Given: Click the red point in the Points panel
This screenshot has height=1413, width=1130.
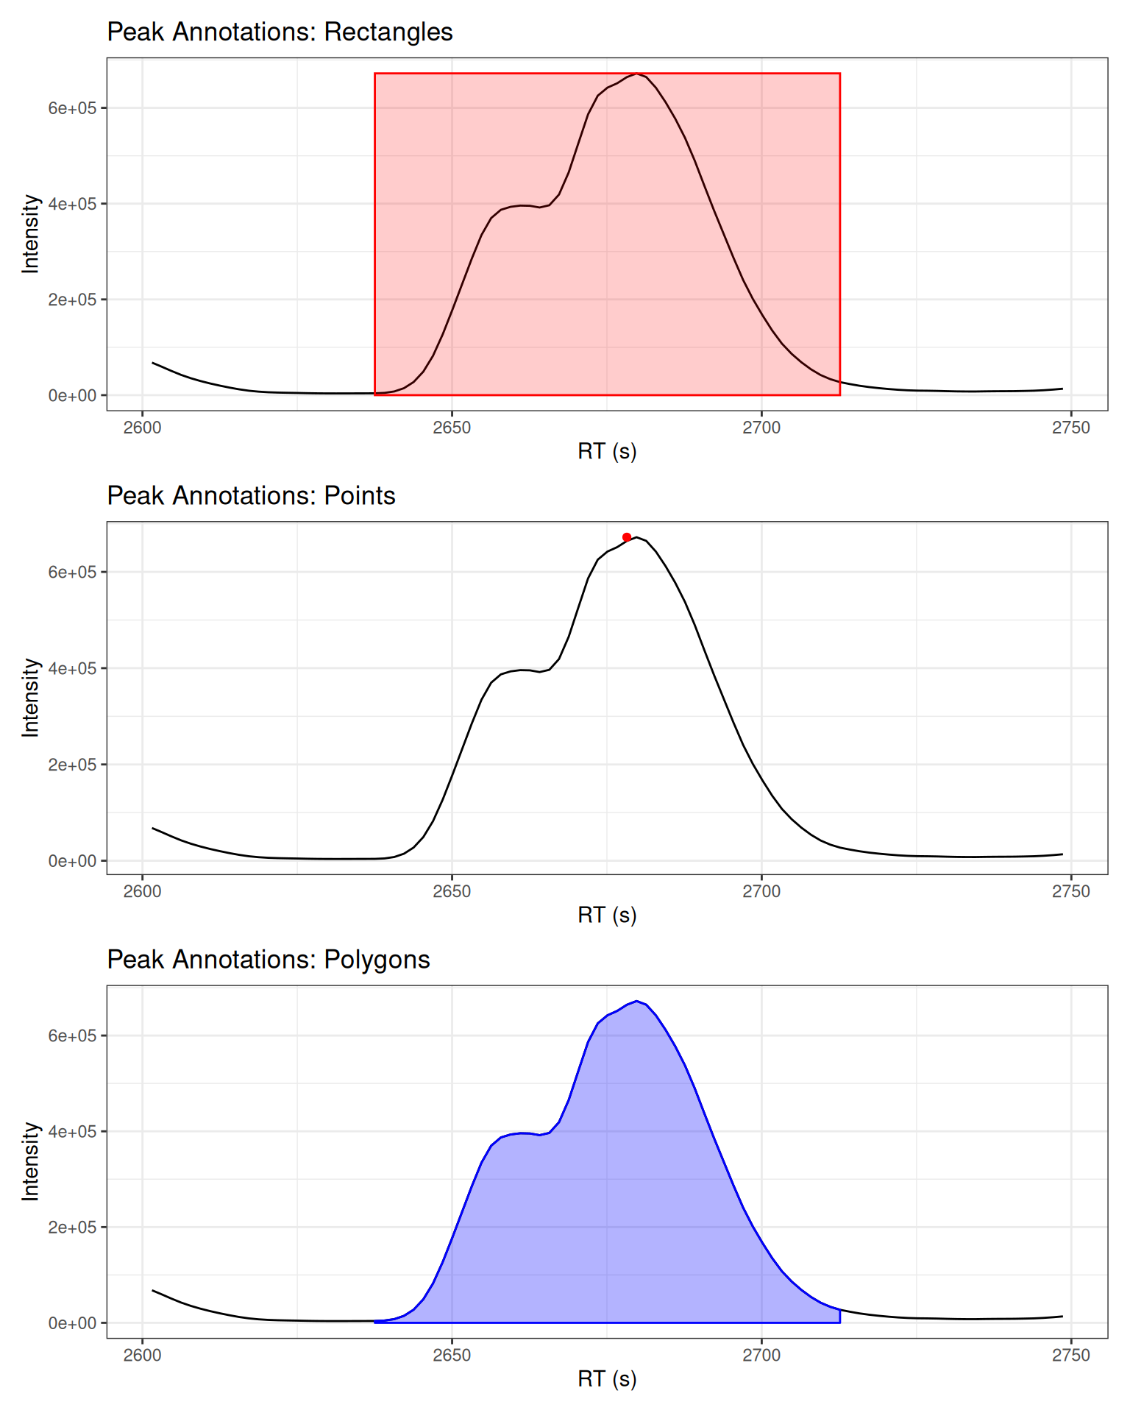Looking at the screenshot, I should [x=627, y=537].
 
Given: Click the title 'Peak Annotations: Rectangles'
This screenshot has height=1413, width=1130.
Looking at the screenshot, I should [x=280, y=32].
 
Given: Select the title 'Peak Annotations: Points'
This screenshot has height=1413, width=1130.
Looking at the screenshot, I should [x=251, y=496].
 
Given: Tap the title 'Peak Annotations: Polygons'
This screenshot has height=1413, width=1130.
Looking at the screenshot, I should [x=268, y=960].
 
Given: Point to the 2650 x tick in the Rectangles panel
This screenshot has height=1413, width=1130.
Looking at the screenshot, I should [x=452, y=428].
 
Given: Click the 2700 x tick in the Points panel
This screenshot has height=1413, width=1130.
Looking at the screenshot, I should [x=761, y=892].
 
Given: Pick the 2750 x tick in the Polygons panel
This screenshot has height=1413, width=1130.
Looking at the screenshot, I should [x=1071, y=1356].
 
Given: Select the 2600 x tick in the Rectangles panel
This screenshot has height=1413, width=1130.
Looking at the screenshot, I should [x=142, y=428].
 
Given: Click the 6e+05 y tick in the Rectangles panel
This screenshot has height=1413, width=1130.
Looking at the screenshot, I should [x=72, y=108].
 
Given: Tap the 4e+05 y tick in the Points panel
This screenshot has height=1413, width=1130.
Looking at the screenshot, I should [x=72, y=668].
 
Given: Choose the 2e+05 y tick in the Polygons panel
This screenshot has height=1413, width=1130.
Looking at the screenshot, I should [x=72, y=1228].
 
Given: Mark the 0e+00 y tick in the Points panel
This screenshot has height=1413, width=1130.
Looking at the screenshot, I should [x=72, y=861].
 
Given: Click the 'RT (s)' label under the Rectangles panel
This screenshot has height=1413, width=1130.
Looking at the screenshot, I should [x=607, y=451].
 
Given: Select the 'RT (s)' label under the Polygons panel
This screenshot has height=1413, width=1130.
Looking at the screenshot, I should [x=607, y=1378].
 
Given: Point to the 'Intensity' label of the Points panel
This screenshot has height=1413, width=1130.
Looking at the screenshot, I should [x=30, y=698].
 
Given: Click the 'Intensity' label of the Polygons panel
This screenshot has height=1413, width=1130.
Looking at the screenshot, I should [x=30, y=1161].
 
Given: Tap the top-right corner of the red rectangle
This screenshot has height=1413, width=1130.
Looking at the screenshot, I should [x=840, y=74].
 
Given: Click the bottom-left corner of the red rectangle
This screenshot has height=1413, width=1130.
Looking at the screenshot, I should [x=375, y=395].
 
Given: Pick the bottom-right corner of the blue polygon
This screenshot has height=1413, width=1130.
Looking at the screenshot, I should [x=840, y=1322].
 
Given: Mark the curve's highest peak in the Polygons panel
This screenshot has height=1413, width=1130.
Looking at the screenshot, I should [x=637, y=1001].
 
